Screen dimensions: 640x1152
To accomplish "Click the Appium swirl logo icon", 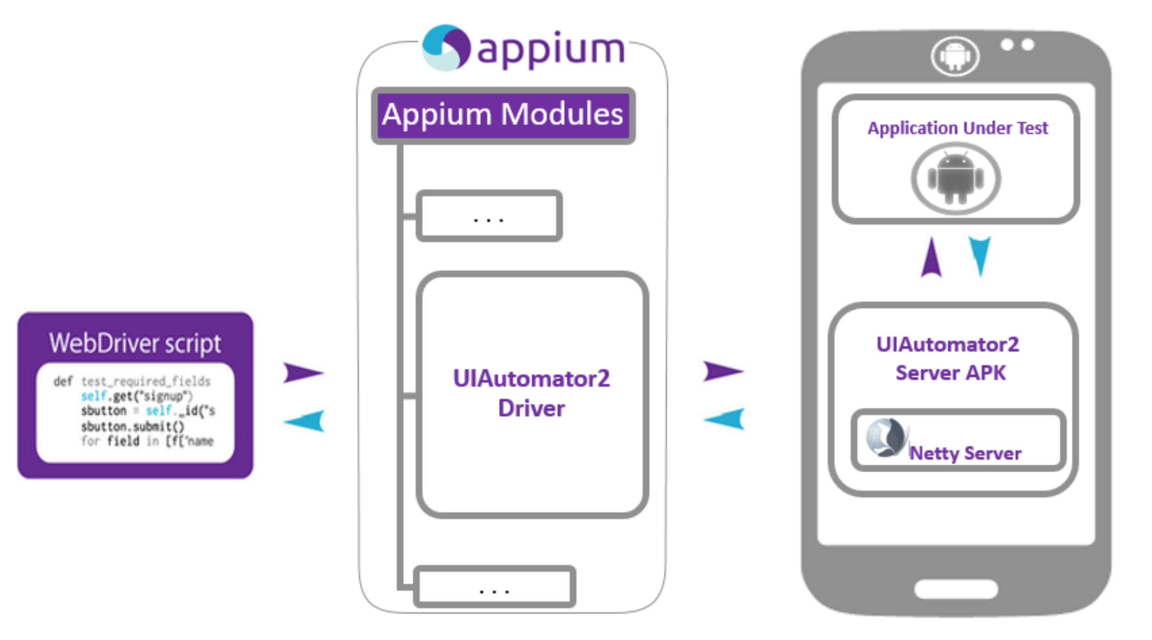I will tap(446, 48).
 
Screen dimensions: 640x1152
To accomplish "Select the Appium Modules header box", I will tap(503, 115).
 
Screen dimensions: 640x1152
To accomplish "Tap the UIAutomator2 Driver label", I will tap(531, 393).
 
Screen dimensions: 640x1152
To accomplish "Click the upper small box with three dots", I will tap(489, 216).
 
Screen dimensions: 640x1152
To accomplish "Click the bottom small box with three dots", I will tap(494, 587).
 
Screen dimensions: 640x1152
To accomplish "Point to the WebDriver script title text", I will tap(135, 343).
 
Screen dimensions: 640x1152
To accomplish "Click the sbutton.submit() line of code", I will tap(133, 427).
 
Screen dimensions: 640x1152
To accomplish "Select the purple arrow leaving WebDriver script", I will tap(302, 373).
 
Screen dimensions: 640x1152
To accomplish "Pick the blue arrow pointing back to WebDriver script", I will tap(305, 421).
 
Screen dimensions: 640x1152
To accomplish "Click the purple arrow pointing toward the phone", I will tap(722, 371).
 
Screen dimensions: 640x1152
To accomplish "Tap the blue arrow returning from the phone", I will tap(725, 419).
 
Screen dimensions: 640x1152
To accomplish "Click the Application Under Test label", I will tap(958, 128).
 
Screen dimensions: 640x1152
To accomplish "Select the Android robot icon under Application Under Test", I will tap(956, 178).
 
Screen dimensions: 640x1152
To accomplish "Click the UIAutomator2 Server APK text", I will tap(949, 359).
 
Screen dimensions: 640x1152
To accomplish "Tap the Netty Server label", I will tap(965, 453).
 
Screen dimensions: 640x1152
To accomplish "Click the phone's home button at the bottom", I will tap(956, 590).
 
